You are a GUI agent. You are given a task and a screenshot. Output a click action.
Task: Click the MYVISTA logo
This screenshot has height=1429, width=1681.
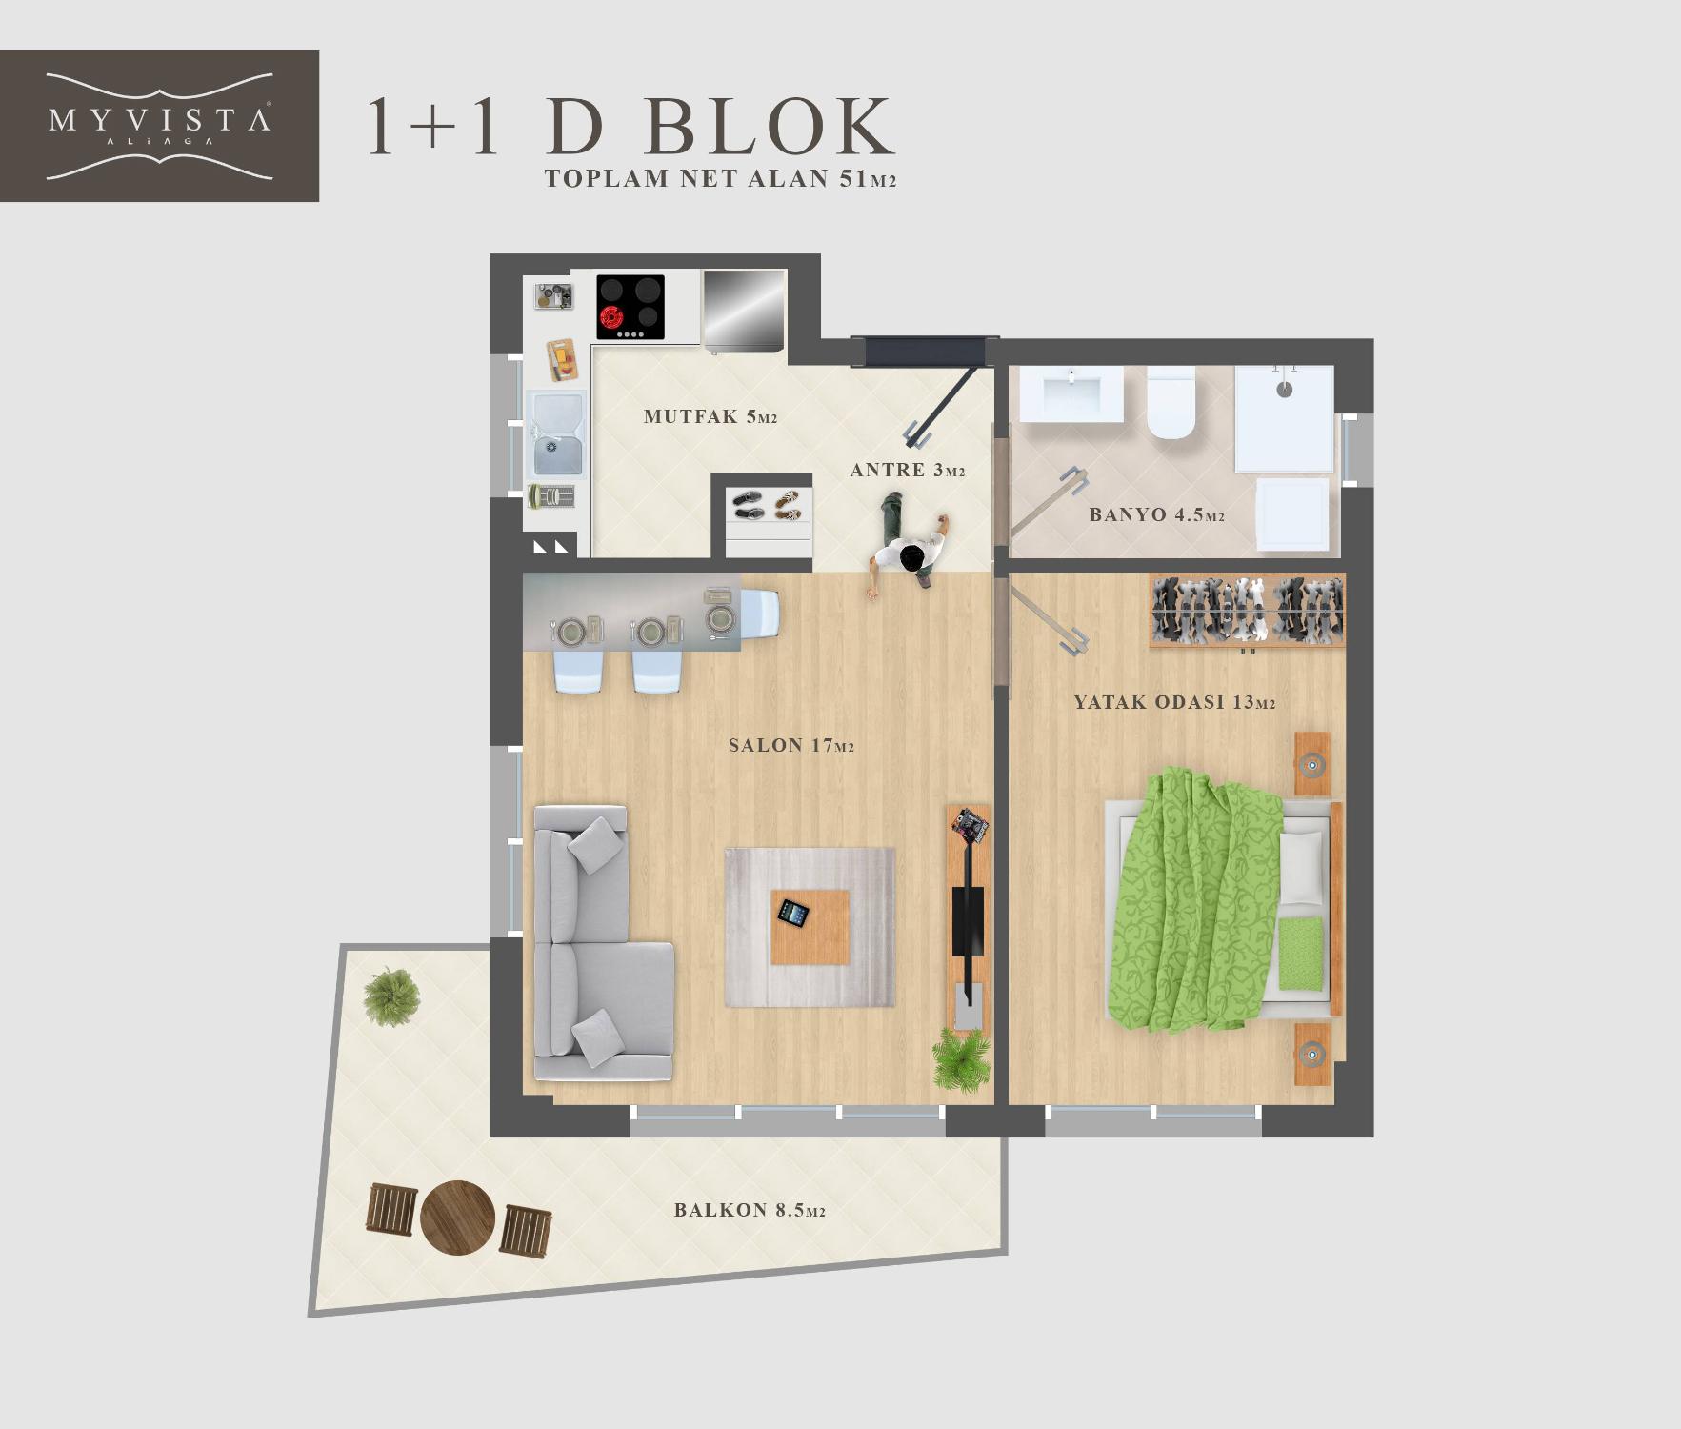[x=159, y=126]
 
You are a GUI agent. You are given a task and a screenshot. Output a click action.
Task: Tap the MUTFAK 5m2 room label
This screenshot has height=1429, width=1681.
[x=710, y=416]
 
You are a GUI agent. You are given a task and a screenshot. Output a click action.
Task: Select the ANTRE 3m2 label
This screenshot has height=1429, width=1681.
[x=908, y=470]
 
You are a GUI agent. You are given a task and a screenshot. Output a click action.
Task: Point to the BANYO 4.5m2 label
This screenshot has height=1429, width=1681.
[x=1156, y=515]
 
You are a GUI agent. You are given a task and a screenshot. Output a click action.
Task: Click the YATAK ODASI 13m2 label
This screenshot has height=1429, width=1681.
[x=1174, y=703]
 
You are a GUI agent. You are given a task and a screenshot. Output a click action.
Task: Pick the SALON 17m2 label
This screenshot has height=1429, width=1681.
[x=790, y=746]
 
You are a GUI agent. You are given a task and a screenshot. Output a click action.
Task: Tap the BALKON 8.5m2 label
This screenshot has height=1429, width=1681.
[x=750, y=1211]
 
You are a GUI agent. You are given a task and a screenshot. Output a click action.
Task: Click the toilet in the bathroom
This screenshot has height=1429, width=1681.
[x=1171, y=403]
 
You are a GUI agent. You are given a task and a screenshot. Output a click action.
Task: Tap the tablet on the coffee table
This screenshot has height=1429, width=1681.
[x=792, y=914]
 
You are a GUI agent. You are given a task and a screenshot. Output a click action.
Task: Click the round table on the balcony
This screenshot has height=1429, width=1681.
[x=457, y=1218]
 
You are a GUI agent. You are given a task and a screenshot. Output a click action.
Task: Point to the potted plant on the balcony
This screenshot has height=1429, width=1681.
[x=390, y=996]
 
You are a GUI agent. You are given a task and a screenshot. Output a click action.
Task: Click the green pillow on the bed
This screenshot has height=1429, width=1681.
[x=1301, y=953]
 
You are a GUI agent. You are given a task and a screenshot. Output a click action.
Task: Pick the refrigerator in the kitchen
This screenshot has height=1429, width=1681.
[x=744, y=309]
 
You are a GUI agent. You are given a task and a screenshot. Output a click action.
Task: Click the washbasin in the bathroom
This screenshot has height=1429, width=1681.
[x=1071, y=394]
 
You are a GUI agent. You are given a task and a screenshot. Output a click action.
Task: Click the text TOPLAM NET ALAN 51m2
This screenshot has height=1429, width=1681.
[x=720, y=179]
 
